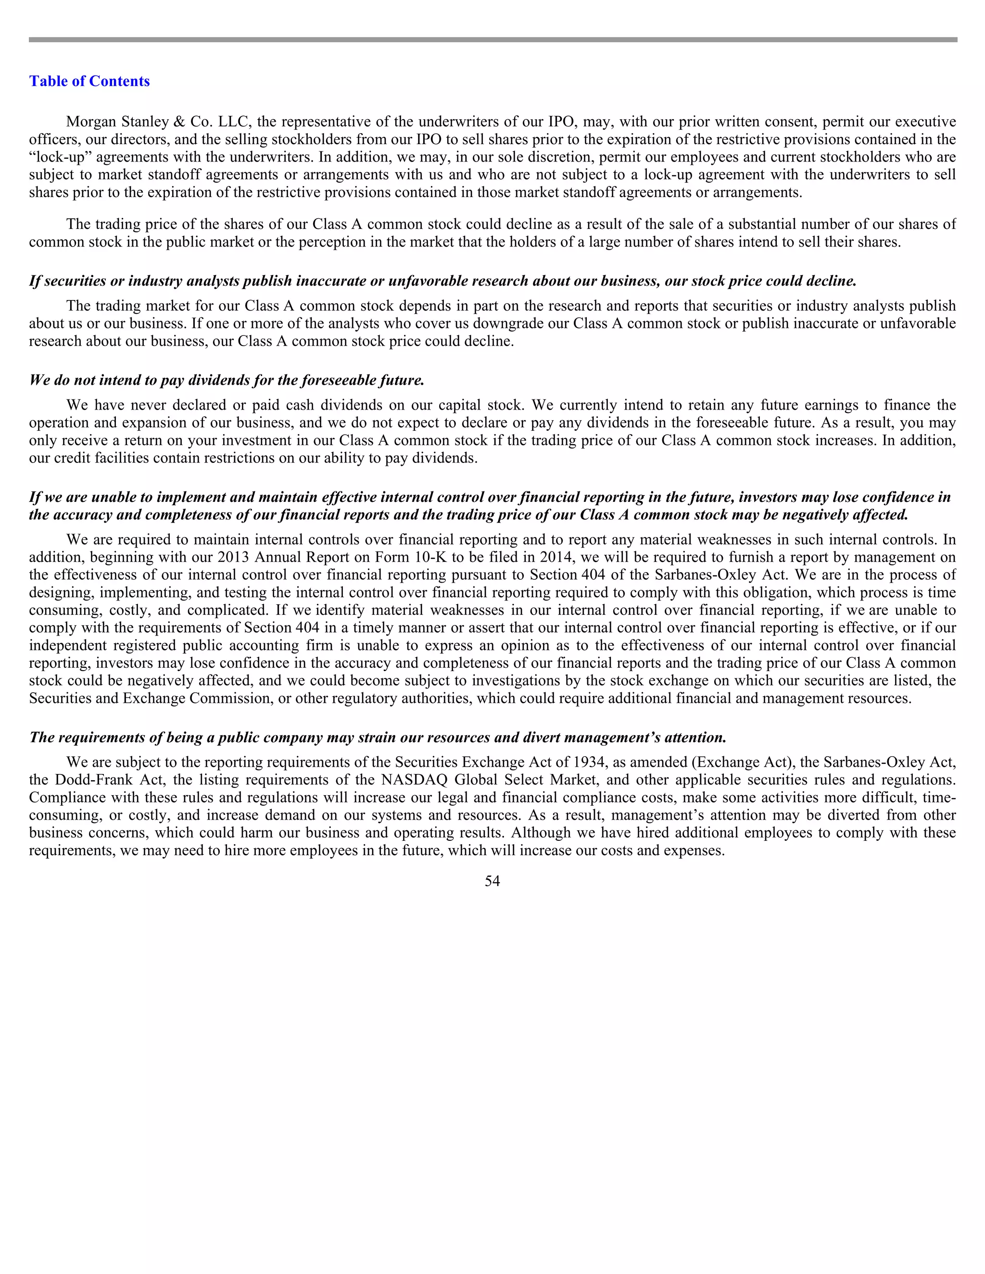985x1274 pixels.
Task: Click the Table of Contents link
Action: click(89, 81)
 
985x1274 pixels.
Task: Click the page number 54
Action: click(492, 881)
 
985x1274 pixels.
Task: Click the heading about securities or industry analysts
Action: click(442, 281)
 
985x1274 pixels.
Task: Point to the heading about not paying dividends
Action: click(227, 380)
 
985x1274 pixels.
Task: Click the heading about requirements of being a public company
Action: click(378, 737)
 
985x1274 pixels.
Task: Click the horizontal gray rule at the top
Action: click(492, 40)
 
